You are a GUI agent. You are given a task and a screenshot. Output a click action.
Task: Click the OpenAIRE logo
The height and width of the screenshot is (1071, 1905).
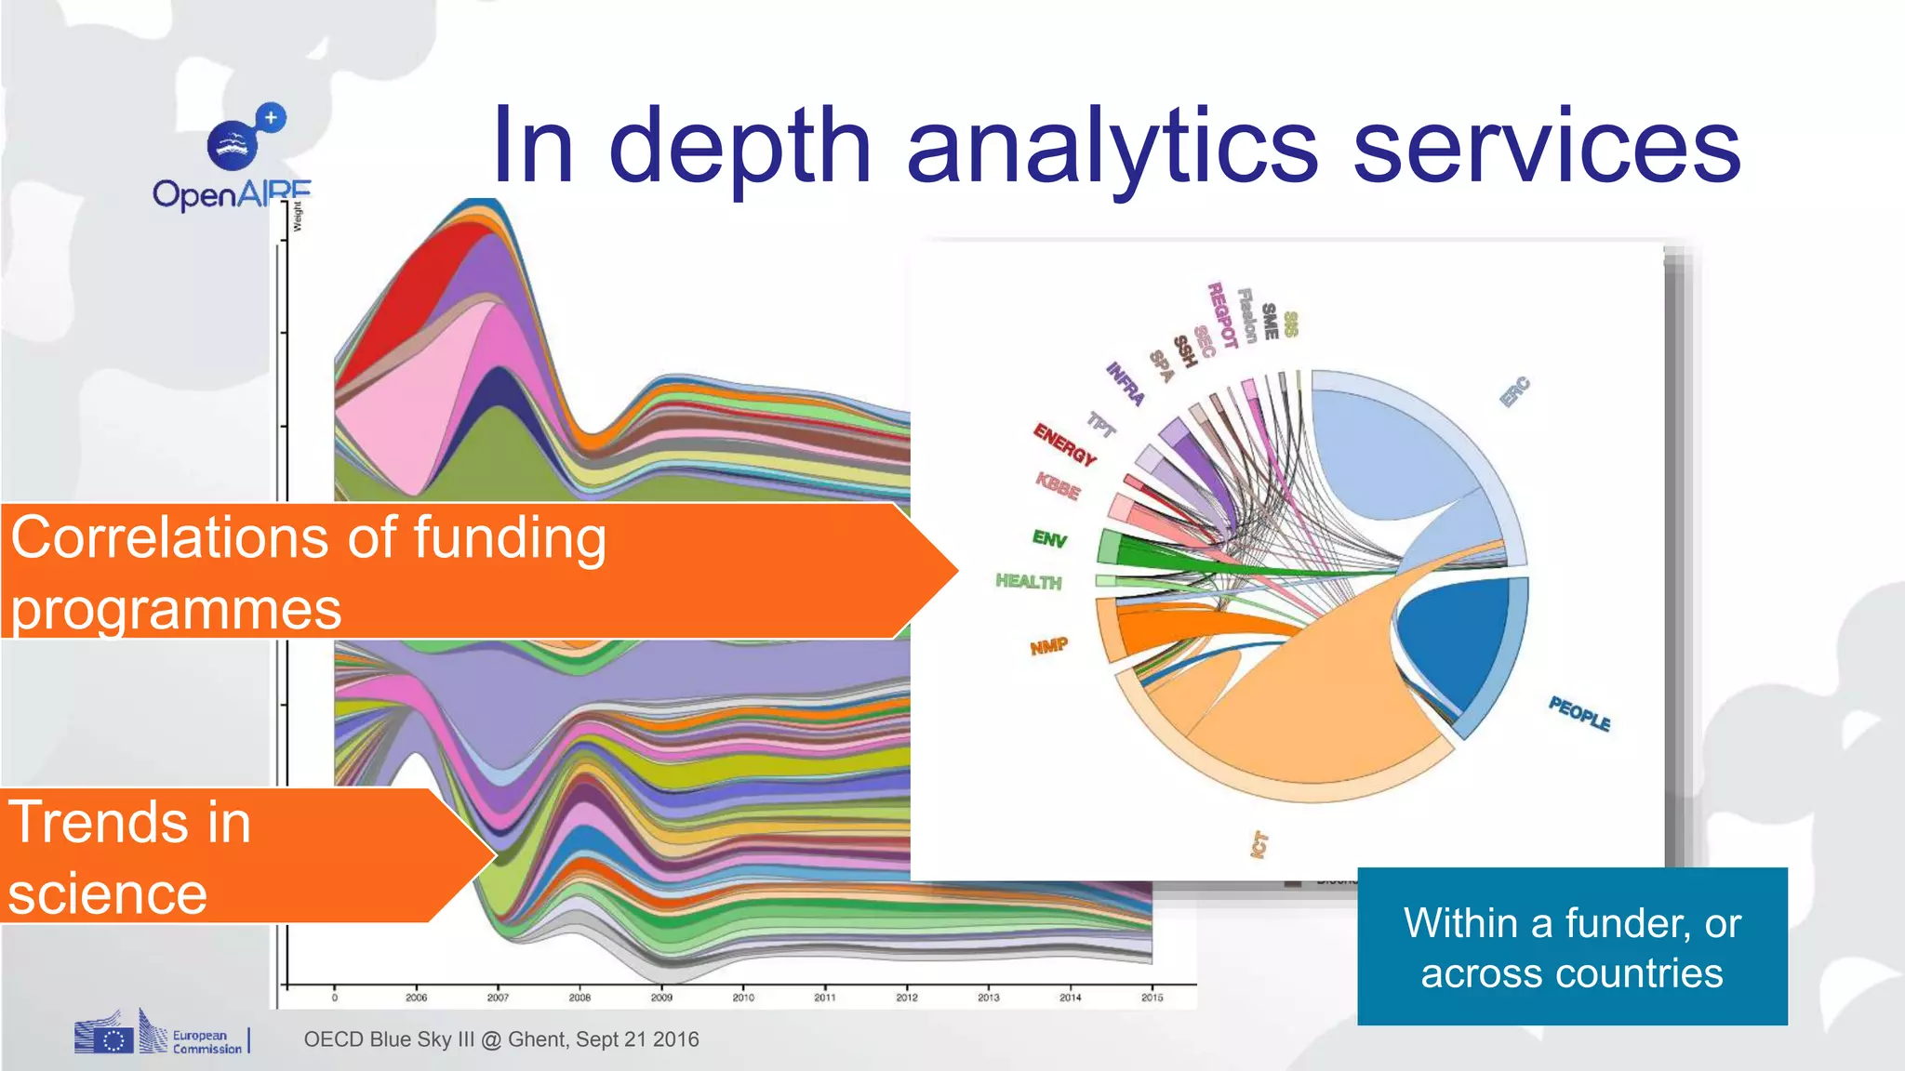[233, 158]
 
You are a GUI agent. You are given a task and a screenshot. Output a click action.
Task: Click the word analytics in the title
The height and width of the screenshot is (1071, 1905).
[1112, 147]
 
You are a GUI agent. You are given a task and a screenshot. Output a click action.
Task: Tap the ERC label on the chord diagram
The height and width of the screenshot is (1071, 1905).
[1515, 391]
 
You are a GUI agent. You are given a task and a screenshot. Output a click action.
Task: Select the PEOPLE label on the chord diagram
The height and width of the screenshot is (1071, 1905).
[1579, 713]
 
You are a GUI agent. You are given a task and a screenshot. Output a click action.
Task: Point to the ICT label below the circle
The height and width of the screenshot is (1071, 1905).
[1259, 844]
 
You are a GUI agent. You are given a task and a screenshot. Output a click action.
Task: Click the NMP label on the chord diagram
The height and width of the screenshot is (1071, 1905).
[1048, 646]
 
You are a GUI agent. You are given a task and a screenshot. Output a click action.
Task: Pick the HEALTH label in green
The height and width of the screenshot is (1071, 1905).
[1028, 582]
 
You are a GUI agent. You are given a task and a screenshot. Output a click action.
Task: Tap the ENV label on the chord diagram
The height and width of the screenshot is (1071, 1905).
[1049, 538]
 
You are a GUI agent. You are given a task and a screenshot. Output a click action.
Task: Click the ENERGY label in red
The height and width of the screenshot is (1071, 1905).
[1065, 444]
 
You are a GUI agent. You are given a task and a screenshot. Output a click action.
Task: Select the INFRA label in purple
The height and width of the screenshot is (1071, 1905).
[1125, 384]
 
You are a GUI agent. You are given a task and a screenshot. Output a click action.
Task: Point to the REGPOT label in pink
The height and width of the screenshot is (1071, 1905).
[1221, 315]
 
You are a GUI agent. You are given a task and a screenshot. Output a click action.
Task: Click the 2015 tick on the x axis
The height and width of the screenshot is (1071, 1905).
[1152, 998]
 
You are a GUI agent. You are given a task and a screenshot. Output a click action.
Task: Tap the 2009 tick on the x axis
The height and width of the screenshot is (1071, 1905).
[661, 998]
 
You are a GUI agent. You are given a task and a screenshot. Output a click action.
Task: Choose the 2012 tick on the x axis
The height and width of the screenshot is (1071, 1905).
[907, 998]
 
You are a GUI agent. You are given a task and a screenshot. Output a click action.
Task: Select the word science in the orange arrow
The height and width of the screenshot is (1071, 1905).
[107, 894]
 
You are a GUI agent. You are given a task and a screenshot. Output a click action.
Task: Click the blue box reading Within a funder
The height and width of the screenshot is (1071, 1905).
[1572, 946]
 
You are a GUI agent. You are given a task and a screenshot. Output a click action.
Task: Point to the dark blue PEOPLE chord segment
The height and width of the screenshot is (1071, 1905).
[1456, 641]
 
